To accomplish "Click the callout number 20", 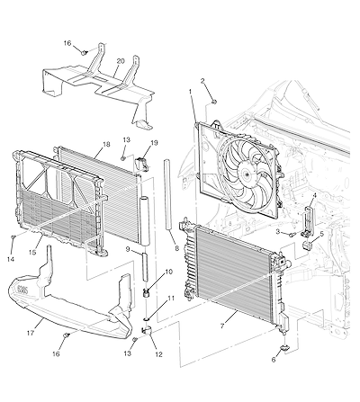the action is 121,61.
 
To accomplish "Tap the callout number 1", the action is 190,91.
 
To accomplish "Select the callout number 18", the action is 106,144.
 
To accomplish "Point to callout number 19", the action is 154,143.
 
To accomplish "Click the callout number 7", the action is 222,326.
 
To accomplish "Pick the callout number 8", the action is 176,248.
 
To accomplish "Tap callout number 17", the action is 31,333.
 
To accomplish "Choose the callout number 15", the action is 32,253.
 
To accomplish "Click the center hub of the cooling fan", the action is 246,174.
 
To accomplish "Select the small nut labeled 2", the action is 213,103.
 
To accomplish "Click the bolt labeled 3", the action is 292,235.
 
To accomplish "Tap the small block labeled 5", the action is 308,245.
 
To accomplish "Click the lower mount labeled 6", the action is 284,348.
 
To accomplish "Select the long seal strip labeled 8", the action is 168,194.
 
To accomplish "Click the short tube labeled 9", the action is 145,267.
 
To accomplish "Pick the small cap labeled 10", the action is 147,292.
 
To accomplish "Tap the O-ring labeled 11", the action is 147,319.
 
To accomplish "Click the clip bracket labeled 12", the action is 147,331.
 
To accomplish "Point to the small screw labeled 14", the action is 13,237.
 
